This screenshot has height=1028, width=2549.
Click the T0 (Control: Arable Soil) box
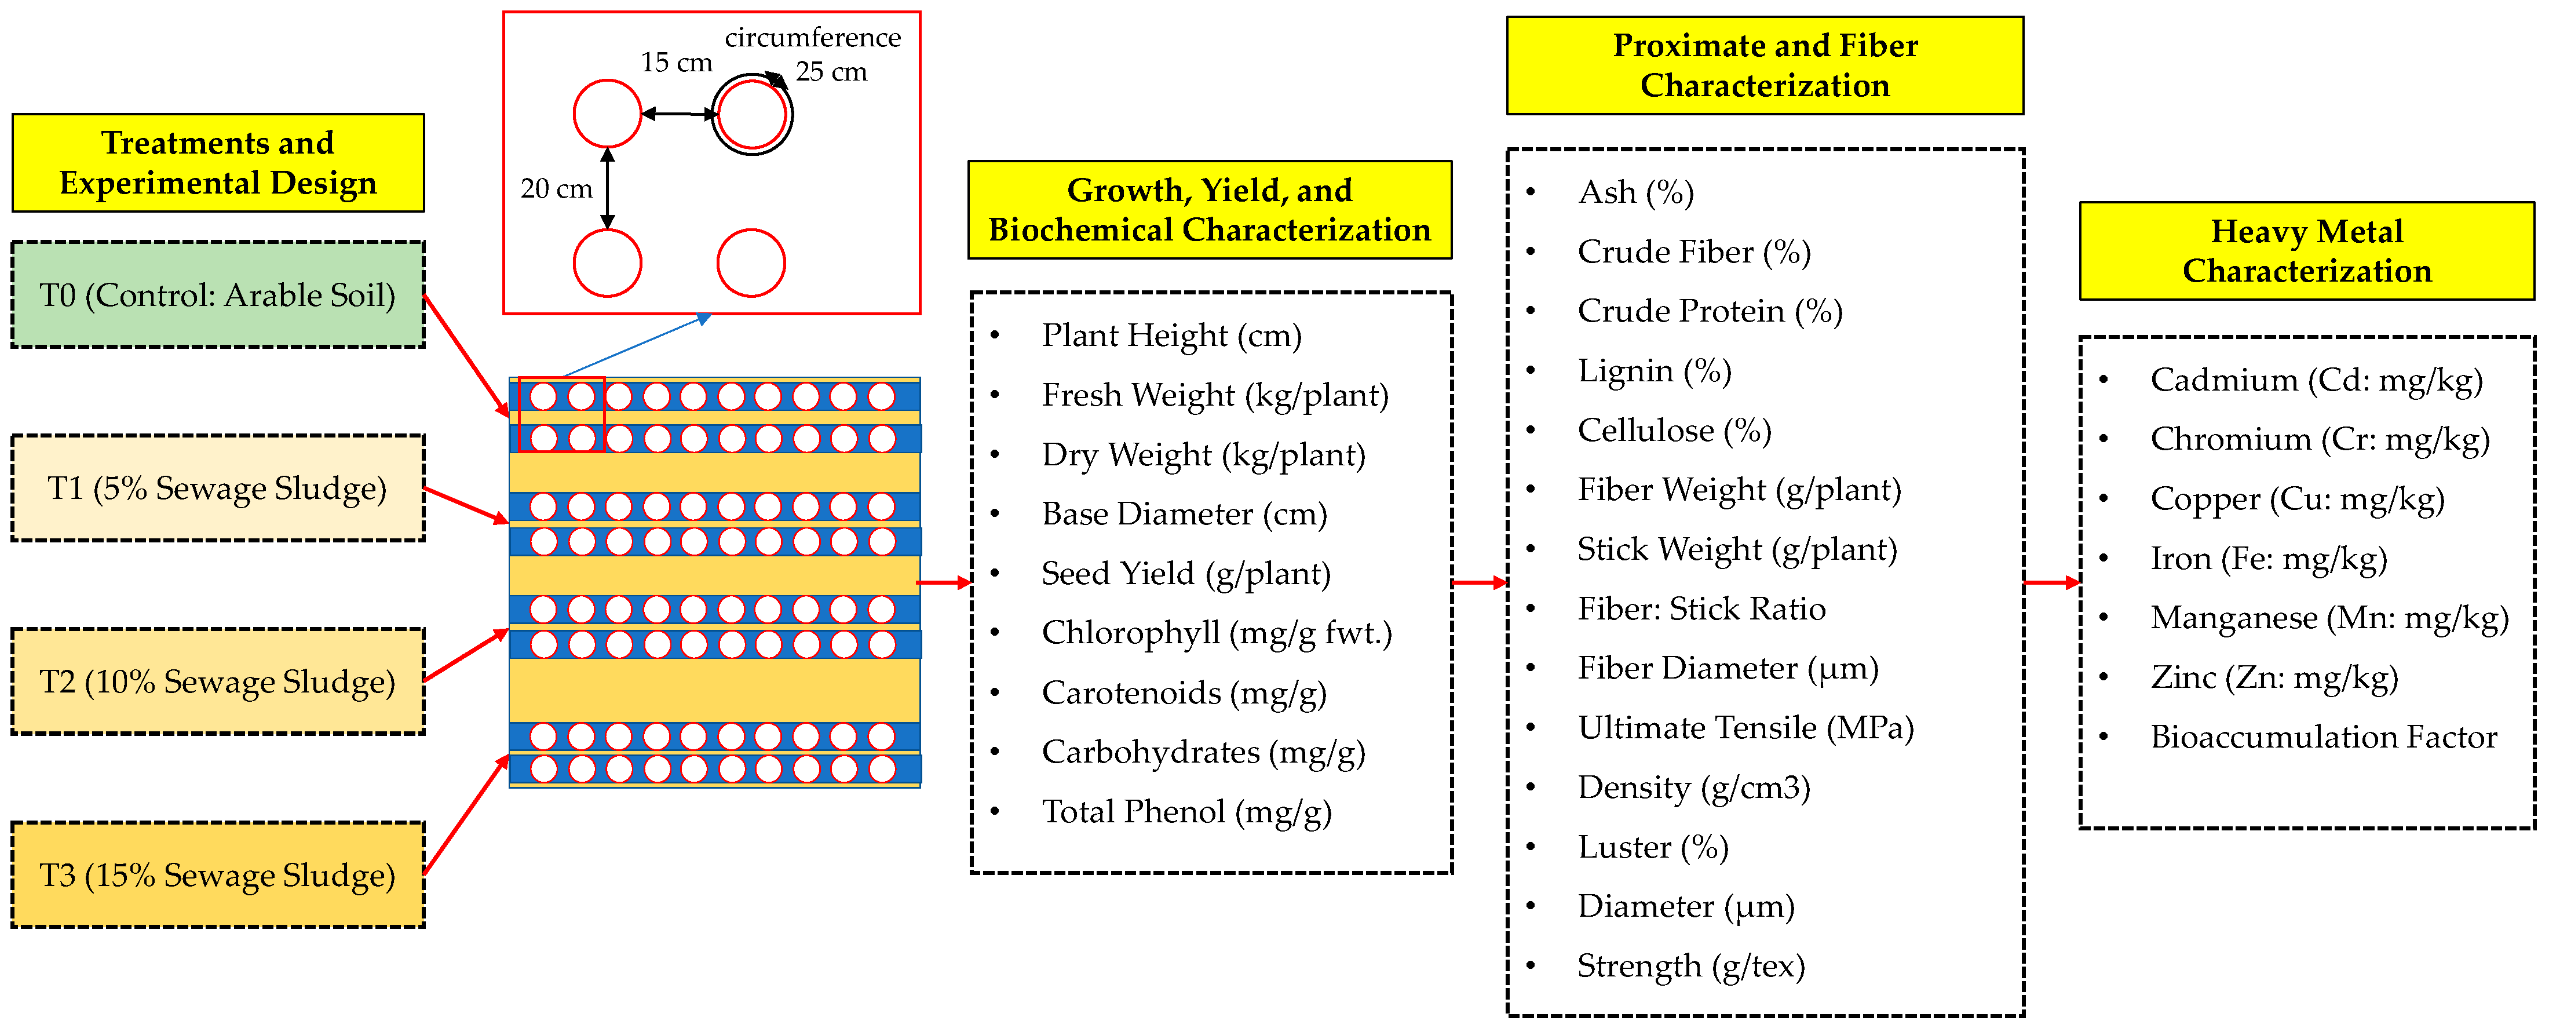[x=218, y=295]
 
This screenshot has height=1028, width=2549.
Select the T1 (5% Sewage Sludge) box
[x=218, y=488]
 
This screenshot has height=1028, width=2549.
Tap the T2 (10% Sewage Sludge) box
[x=218, y=681]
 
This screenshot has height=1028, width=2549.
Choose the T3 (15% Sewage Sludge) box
[x=218, y=874]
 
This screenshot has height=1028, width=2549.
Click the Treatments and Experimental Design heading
[x=218, y=162]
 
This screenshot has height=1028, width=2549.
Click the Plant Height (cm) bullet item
[x=1171, y=336]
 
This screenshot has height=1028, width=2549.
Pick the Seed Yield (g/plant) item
[x=1185, y=574]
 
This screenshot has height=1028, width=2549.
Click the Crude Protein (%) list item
[x=1709, y=311]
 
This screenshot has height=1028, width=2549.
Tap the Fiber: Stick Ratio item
[x=1701, y=608]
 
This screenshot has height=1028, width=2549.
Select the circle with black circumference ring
[x=752, y=115]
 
